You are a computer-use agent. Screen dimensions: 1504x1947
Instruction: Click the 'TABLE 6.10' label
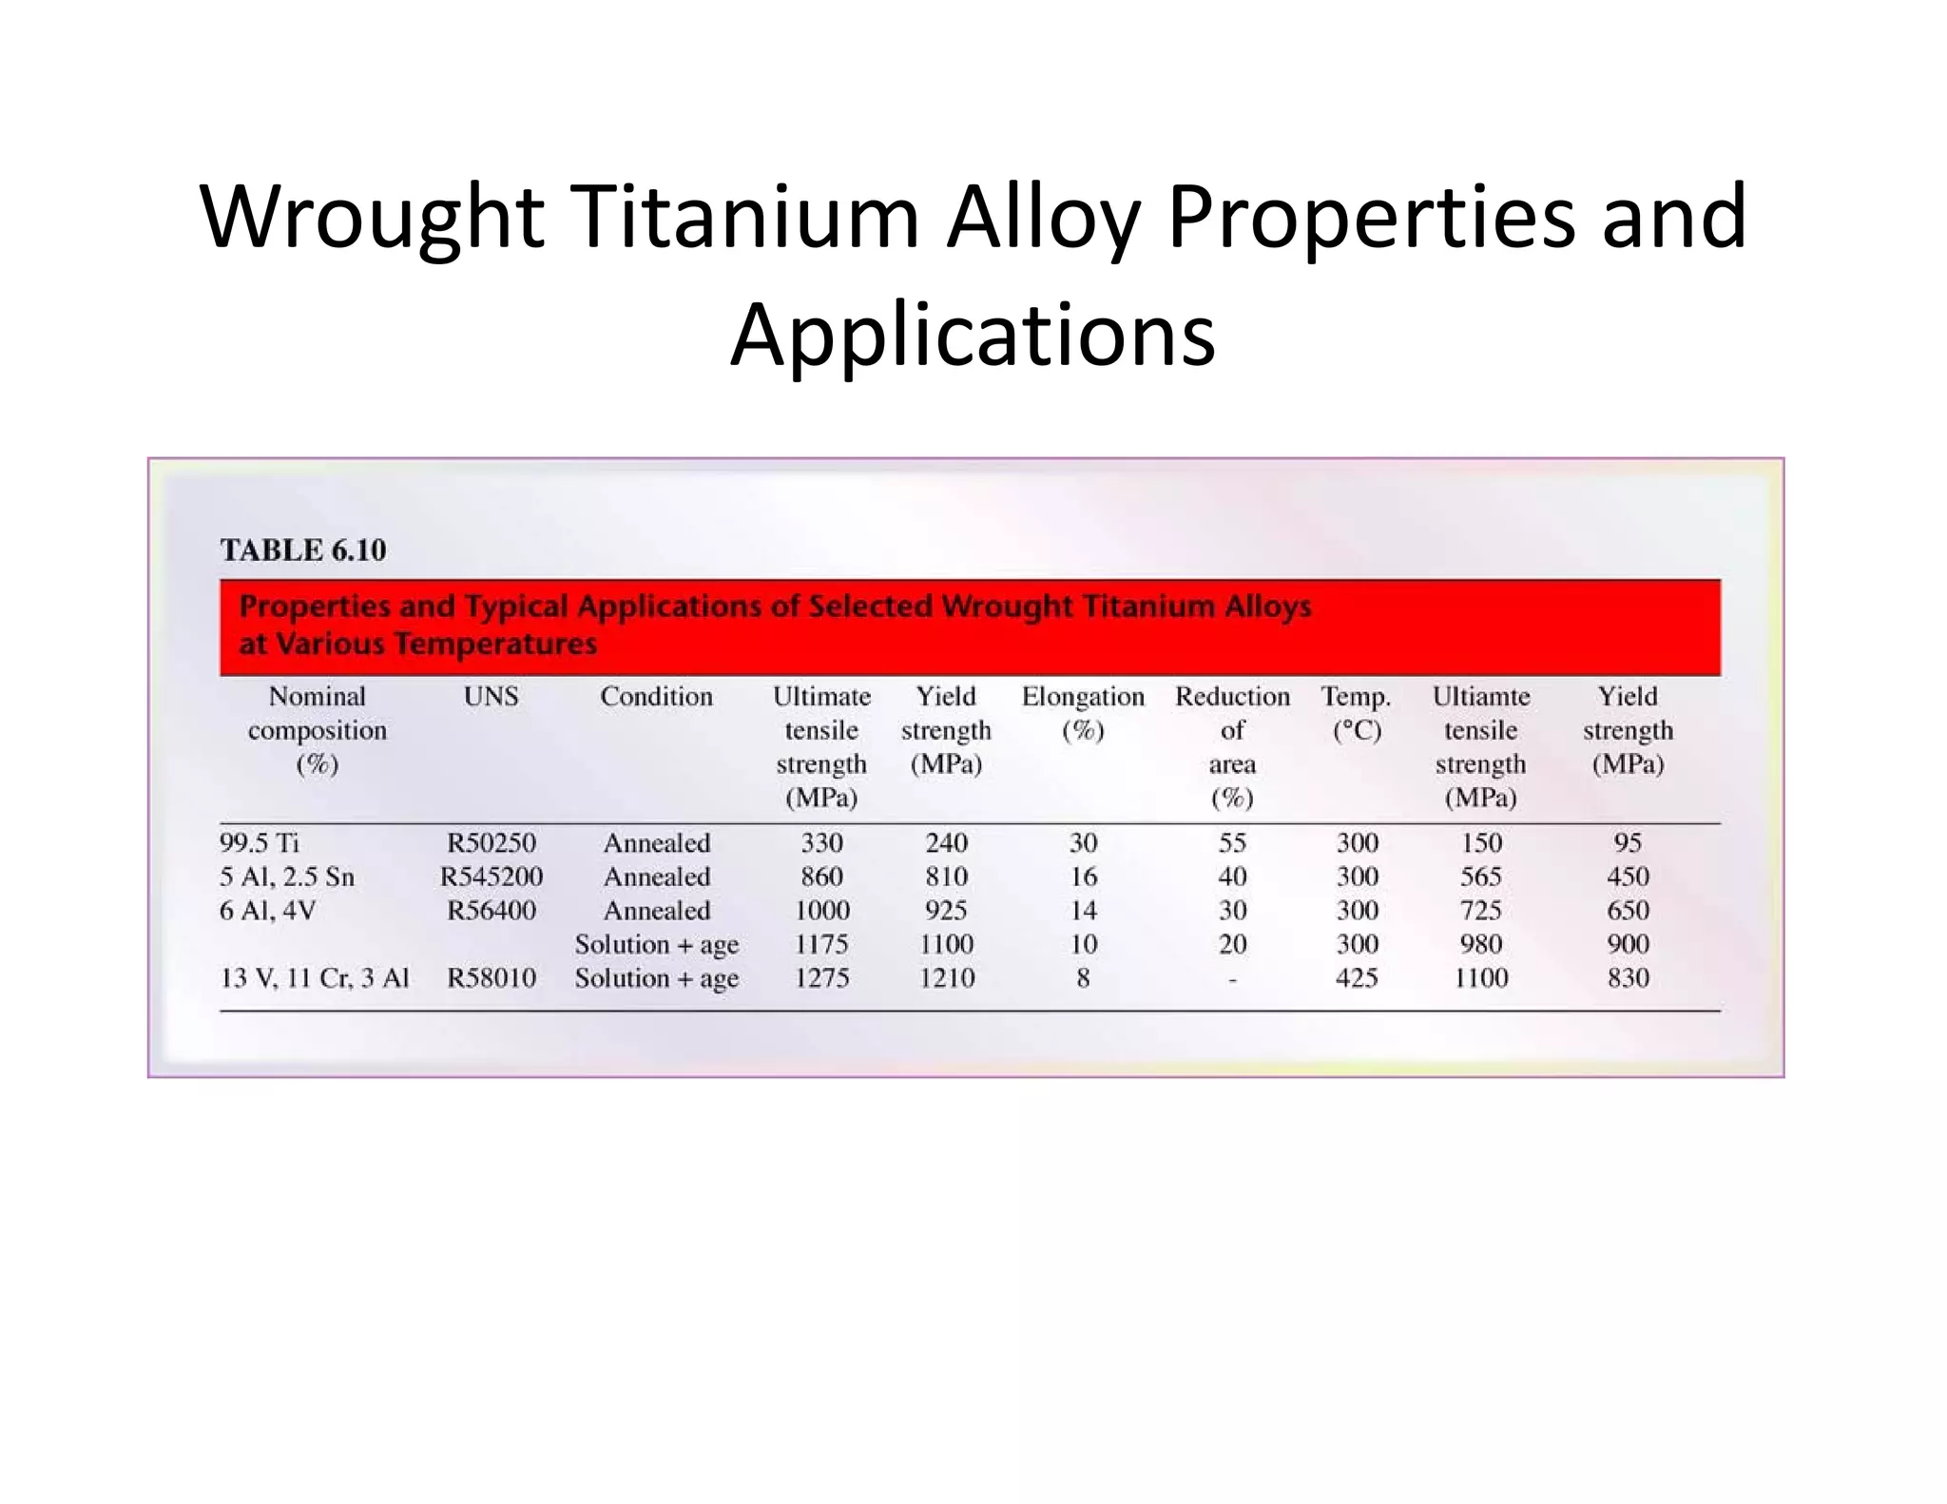pyautogui.click(x=303, y=550)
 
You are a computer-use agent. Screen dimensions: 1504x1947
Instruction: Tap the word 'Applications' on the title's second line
pyautogui.click(x=973, y=335)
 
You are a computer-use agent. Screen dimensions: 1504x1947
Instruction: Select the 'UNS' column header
pyautogui.click(x=491, y=697)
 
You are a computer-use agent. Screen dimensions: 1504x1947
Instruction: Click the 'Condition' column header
pyautogui.click(x=656, y=697)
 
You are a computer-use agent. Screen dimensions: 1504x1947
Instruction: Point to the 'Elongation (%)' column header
pyautogui.click(x=1083, y=712)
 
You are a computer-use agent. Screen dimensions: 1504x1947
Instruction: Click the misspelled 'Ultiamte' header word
pyautogui.click(x=1481, y=697)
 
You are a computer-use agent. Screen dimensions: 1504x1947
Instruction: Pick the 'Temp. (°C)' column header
pyautogui.click(x=1356, y=712)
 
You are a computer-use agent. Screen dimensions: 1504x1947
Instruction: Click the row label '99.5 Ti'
pyautogui.click(x=260, y=843)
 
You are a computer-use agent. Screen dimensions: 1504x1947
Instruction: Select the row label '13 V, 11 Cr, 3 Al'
pyautogui.click(x=315, y=978)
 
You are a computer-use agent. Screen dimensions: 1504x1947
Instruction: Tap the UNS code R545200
pyautogui.click(x=491, y=877)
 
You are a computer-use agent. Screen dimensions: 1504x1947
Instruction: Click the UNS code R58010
pyautogui.click(x=491, y=978)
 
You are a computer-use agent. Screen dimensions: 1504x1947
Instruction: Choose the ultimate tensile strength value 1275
pyautogui.click(x=821, y=978)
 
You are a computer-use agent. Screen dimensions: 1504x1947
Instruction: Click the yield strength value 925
pyautogui.click(x=946, y=911)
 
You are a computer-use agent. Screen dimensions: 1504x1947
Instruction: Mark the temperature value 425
pyautogui.click(x=1356, y=978)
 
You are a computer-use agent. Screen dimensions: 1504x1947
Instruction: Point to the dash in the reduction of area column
pyautogui.click(x=1232, y=979)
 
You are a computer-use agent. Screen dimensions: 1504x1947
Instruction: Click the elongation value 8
pyautogui.click(x=1083, y=978)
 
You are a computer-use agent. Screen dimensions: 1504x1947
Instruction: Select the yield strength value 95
pyautogui.click(x=1628, y=843)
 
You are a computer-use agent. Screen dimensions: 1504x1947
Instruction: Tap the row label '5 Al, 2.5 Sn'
pyautogui.click(x=287, y=877)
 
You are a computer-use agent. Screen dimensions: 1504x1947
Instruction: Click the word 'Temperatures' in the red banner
pyautogui.click(x=495, y=645)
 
